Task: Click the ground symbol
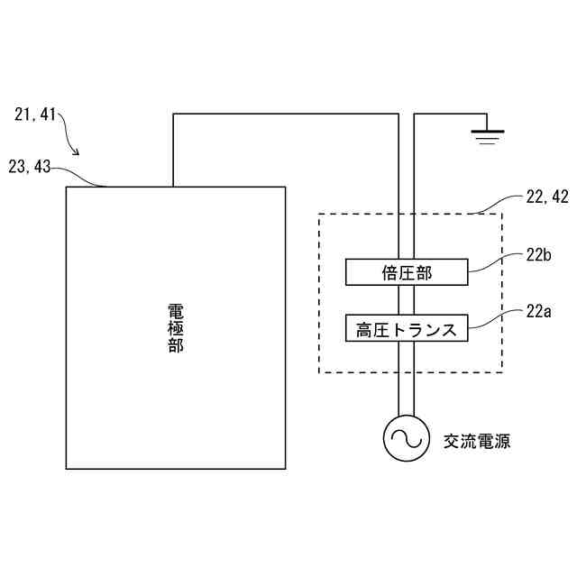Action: (x=488, y=136)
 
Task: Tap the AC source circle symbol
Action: (x=406, y=439)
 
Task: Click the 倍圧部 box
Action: (x=407, y=271)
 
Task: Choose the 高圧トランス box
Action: (x=407, y=327)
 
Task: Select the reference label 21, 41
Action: (x=35, y=114)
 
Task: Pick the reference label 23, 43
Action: (x=30, y=166)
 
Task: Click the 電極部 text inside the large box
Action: (x=176, y=327)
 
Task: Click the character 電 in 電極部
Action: (x=176, y=310)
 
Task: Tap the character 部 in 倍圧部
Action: (x=424, y=272)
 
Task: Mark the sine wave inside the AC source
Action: (x=406, y=439)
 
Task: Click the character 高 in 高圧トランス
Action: (x=364, y=328)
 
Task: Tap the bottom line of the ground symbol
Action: (x=488, y=143)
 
